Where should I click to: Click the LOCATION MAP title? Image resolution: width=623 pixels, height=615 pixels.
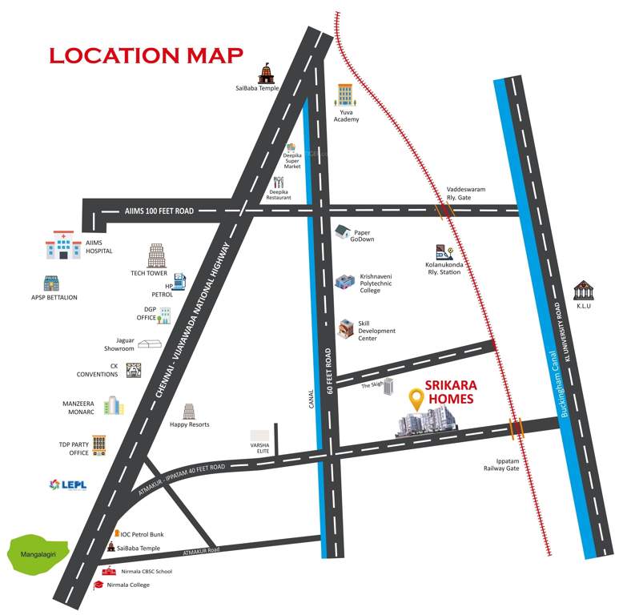146,56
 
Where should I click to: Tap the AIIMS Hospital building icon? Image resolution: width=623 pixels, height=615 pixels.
63,245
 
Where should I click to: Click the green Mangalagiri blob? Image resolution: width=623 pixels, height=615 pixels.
37,552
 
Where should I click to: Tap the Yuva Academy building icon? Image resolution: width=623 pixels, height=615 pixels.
345,95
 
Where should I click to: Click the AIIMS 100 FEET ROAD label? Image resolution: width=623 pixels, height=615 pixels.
160,211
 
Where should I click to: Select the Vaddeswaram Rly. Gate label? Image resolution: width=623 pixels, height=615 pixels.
466,194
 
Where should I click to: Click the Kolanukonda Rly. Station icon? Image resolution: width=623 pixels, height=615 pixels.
444,254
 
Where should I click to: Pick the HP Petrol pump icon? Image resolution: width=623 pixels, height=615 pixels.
180,280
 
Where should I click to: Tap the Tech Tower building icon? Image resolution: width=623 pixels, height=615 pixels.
155,255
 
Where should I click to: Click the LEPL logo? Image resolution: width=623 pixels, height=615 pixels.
66,484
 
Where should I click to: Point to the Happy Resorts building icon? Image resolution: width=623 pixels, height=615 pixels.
189,412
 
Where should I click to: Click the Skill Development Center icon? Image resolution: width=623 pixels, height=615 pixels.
345,329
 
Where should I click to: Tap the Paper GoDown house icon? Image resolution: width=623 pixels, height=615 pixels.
342,232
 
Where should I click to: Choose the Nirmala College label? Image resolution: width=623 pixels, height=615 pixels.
128,585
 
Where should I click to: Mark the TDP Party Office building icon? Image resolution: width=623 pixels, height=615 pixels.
98,444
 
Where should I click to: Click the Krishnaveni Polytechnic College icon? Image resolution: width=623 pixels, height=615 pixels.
344,281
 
